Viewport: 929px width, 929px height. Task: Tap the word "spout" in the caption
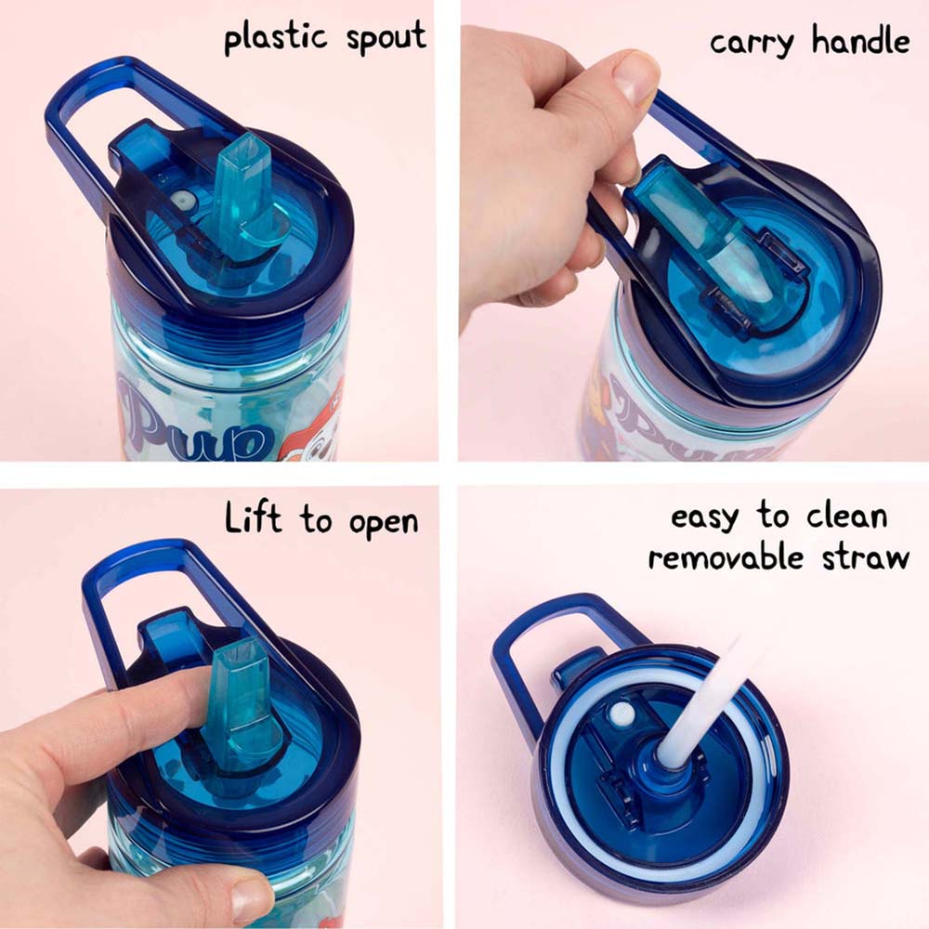383,37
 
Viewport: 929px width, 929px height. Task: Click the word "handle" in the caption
859,41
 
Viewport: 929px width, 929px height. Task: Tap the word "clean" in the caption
839,516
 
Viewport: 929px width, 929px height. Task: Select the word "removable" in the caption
726,557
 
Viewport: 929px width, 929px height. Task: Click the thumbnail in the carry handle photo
636,78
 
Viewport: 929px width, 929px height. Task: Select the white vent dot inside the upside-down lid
619,713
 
